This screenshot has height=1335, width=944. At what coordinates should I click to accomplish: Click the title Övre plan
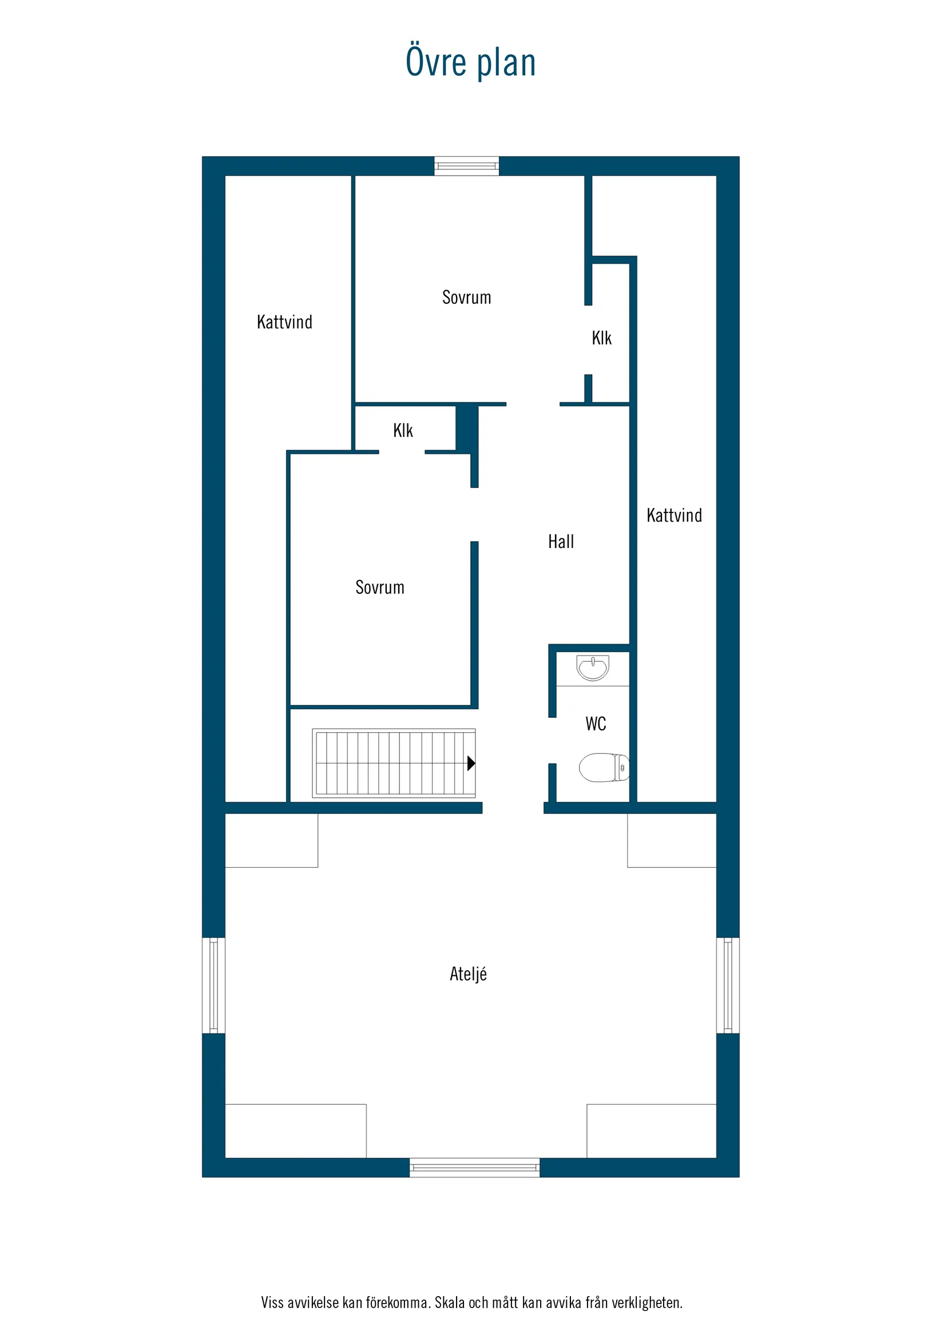click(x=470, y=62)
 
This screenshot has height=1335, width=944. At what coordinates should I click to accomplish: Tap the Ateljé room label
click(x=468, y=974)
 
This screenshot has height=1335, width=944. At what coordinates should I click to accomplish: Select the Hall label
click(x=561, y=542)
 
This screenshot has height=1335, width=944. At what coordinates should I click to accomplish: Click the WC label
click(x=596, y=724)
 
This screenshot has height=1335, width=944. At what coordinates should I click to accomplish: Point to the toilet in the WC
click(x=604, y=768)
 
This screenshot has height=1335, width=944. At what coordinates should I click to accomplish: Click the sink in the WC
click(x=593, y=667)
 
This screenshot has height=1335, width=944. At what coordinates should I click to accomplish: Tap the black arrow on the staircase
click(x=471, y=764)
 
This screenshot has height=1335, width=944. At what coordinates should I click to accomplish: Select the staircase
click(x=394, y=763)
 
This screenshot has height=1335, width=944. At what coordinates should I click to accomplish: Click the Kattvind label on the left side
click(x=284, y=322)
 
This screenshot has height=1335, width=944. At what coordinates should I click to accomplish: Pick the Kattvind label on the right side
click(x=674, y=515)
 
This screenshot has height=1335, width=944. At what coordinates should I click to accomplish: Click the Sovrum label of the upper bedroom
click(x=466, y=297)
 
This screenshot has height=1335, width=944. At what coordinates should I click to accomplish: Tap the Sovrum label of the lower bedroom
click(x=380, y=587)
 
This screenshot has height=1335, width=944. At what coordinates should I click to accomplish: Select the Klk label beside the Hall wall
click(x=601, y=338)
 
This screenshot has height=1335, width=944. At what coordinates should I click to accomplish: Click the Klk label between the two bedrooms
click(x=403, y=430)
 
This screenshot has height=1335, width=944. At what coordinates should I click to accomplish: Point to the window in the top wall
click(x=466, y=166)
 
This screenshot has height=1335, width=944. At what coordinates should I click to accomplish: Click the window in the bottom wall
click(x=475, y=1167)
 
